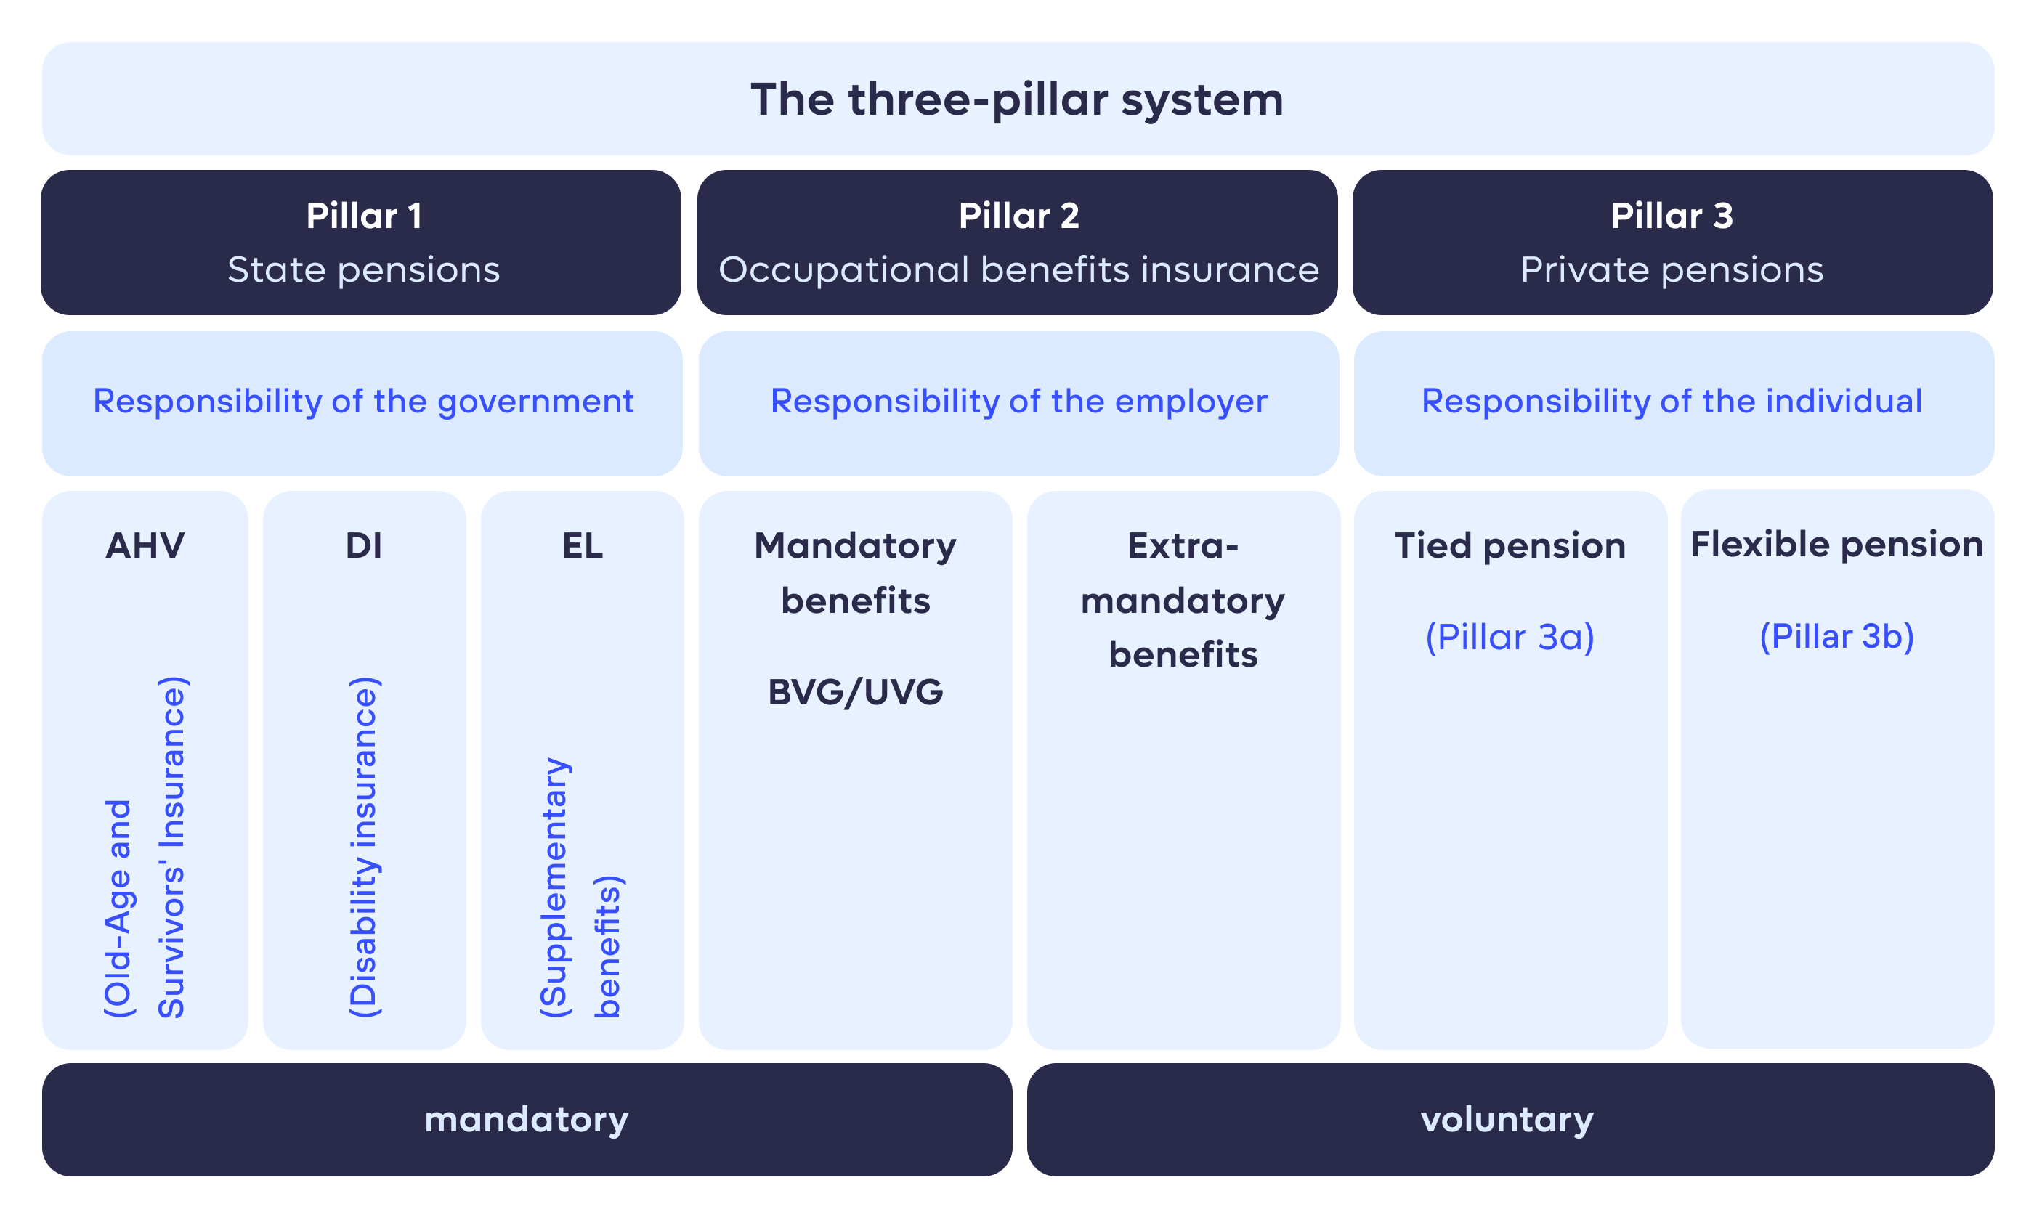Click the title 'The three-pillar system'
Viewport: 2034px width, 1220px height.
click(1016, 99)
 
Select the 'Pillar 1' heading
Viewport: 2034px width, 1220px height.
click(363, 216)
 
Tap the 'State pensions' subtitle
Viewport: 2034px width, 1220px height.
click(363, 269)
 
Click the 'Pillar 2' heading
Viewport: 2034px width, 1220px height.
click(1018, 216)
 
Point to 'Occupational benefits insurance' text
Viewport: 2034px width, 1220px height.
click(1018, 269)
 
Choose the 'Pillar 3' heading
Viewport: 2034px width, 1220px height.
click(1672, 216)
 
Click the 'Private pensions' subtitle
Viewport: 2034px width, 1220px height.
click(1672, 269)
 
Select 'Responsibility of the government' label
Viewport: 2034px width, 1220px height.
click(363, 401)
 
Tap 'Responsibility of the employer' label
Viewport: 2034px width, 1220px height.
click(1018, 401)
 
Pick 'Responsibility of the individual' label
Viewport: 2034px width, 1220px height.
click(1672, 401)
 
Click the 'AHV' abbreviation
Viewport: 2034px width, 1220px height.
click(145, 546)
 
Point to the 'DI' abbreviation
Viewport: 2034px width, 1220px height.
click(363, 546)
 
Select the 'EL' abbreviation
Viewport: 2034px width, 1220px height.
click(582, 546)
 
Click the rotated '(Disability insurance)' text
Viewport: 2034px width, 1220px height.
click(363, 847)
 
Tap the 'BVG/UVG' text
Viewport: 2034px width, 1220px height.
click(855, 692)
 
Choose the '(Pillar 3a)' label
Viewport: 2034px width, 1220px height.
click(1510, 637)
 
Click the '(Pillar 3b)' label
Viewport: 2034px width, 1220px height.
click(1836, 636)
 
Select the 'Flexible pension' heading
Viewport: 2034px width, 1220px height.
click(1836, 544)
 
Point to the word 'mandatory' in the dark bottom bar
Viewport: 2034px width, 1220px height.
click(526, 1120)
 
